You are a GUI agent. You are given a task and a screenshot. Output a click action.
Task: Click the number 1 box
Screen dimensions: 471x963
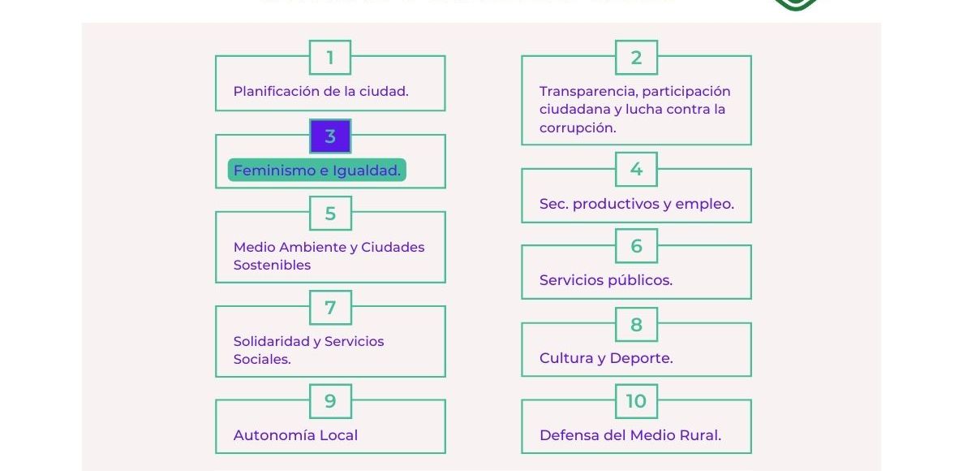pyautogui.click(x=330, y=58)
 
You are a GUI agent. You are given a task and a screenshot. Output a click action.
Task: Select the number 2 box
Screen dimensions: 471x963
pyautogui.click(x=636, y=58)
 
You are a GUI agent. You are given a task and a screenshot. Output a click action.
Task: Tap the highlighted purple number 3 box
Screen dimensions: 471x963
pyautogui.click(x=330, y=136)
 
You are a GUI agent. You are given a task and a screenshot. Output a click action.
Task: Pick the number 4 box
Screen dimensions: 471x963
pyautogui.click(x=636, y=170)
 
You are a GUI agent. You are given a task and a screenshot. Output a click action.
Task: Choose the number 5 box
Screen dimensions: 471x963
pyautogui.click(x=330, y=214)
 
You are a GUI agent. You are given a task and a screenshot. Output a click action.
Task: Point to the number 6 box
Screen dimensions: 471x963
pyautogui.click(x=636, y=246)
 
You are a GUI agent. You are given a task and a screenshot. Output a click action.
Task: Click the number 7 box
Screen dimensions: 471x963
pyautogui.click(x=330, y=308)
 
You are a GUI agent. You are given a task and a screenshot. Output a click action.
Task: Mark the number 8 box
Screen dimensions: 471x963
pyautogui.click(x=636, y=325)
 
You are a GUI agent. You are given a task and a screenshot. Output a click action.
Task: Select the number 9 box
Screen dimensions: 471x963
pyautogui.click(x=330, y=401)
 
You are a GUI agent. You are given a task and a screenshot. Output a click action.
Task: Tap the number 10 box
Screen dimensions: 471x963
pyautogui.click(x=636, y=401)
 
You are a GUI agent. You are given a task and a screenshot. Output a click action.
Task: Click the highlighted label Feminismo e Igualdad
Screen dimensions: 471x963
pyautogui.click(x=317, y=171)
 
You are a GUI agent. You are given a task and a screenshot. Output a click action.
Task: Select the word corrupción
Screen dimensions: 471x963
pyautogui.click(x=578, y=128)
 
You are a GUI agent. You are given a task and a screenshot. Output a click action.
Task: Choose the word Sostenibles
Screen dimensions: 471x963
pyautogui.click(x=272, y=266)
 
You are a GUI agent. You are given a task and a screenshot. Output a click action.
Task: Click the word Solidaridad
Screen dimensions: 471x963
pyautogui.click(x=272, y=342)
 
